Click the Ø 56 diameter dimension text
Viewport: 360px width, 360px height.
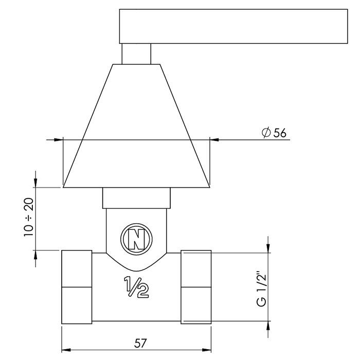(x=274, y=133)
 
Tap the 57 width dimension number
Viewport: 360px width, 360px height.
(x=140, y=343)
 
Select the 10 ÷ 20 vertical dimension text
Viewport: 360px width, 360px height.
(x=29, y=217)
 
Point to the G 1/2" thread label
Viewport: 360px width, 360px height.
(x=261, y=289)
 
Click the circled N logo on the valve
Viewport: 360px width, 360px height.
(x=136, y=239)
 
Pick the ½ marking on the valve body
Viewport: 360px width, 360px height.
(x=136, y=287)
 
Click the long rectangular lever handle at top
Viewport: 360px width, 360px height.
(x=233, y=26)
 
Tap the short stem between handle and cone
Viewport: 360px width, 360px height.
(x=136, y=53)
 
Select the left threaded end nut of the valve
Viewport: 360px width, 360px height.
(x=77, y=287)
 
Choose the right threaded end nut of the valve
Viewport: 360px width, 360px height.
(x=196, y=287)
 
